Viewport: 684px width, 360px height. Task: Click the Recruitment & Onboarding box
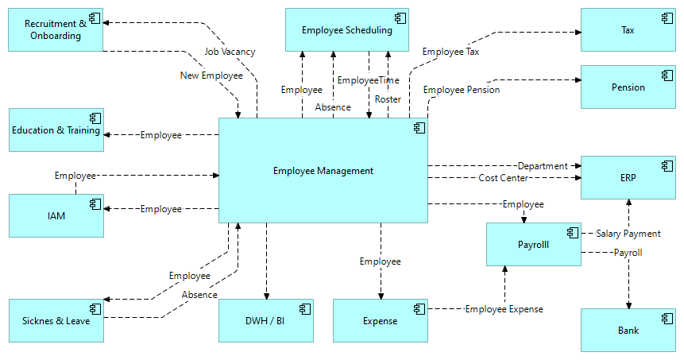tap(56, 29)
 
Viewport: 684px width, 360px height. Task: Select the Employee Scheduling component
tap(346, 30)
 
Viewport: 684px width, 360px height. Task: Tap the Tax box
tap(628, 30)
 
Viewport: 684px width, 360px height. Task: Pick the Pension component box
tap(628, 87)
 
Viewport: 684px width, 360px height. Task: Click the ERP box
tap(628, 177)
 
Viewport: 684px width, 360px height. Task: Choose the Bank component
tap(628, 330)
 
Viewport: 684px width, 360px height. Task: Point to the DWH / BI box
tap(265, 321)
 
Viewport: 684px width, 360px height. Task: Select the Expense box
tap(380, 321)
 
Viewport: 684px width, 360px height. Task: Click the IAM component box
tap(56, 215)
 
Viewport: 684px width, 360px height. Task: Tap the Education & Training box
tap(56, 130)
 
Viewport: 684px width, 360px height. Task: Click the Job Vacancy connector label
tap(230, 52)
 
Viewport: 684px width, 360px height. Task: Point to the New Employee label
tap(211, 75)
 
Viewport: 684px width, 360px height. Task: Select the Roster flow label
tap(388, 99)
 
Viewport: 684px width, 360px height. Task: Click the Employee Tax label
tap(450, 52)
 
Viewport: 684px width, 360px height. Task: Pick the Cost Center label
tap(504, 178)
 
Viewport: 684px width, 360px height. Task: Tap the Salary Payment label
tap(628, 234)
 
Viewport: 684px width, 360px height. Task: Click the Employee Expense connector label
tap(504, 309)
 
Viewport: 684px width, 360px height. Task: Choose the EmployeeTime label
tap(368, 80)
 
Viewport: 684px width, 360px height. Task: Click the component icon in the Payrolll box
tap(570, 232)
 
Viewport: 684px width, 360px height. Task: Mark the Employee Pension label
tap(462, 90)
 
